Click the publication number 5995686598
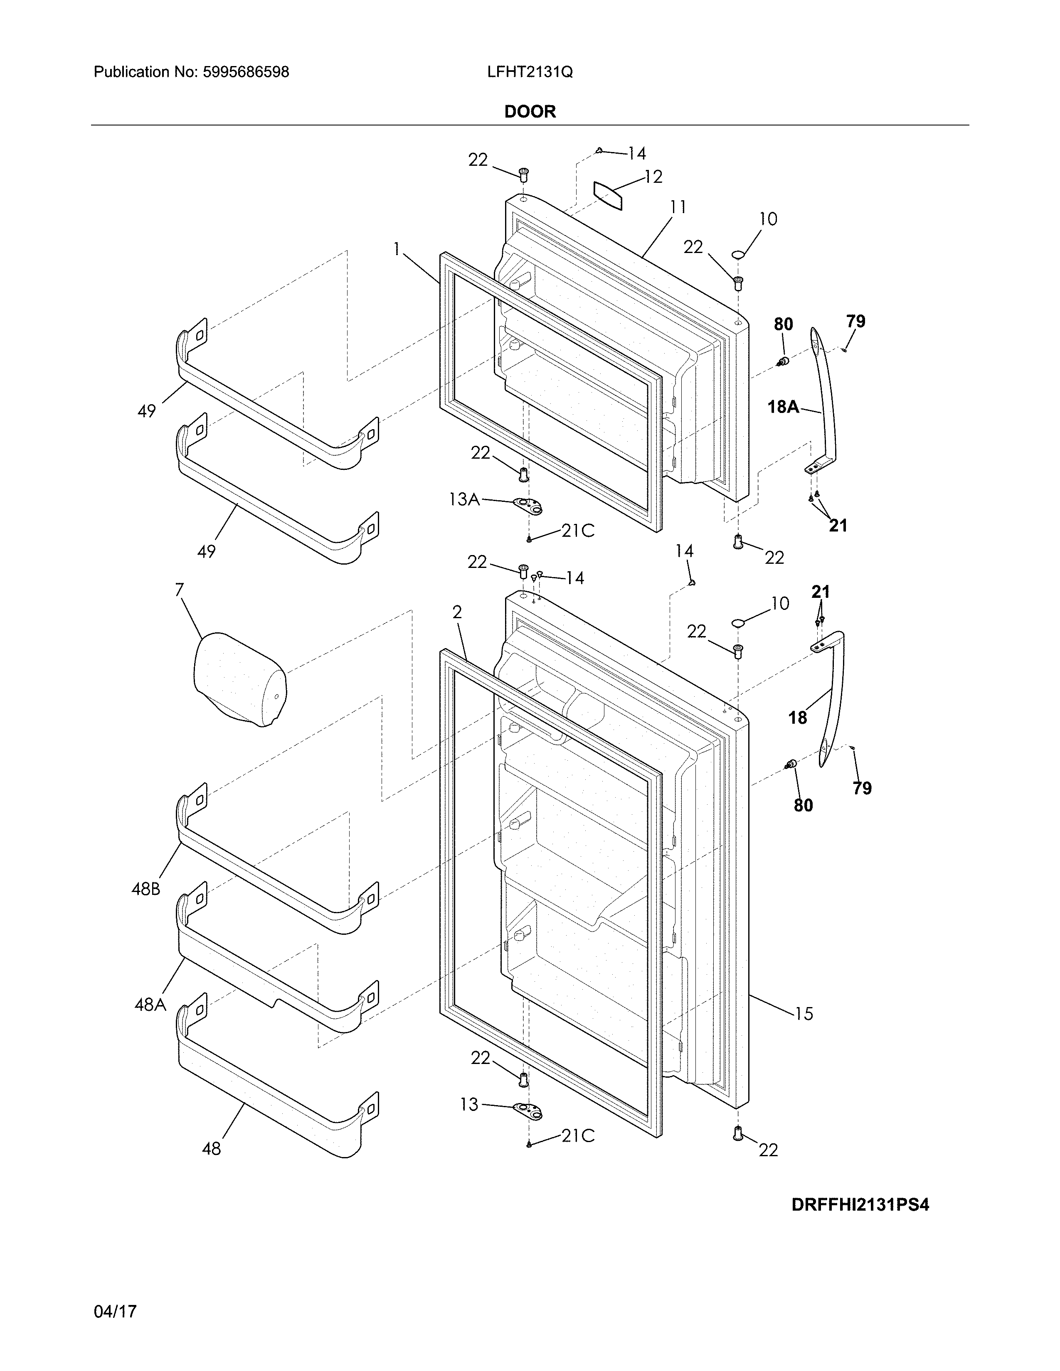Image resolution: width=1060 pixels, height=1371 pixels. tap(246, 72)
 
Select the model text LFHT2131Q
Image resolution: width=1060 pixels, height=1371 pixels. tap(529, 72)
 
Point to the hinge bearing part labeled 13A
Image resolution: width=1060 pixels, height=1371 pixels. tap(528, 506)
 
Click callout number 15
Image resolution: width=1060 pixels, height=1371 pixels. tap(803, 1013)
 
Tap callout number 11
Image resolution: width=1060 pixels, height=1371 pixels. tap(678, 207)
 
